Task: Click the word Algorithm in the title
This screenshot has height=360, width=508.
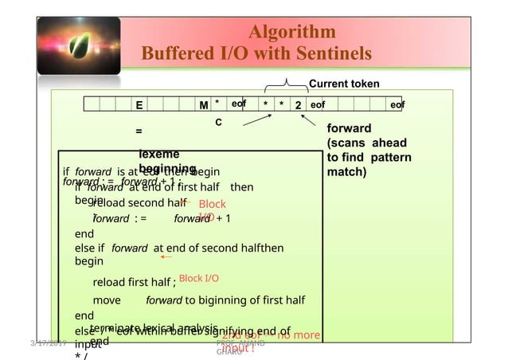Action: tap(292, 33)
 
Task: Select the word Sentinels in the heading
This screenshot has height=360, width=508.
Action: tap(325, 54)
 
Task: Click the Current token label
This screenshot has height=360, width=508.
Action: tap(343, 84)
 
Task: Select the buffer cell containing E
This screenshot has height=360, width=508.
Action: tap(139, 105)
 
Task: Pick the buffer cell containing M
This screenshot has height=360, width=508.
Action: tap(204, 105)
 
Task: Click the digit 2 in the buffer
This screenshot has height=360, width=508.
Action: tap(297, 105)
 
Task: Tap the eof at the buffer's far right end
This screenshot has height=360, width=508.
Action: tap(398, 104)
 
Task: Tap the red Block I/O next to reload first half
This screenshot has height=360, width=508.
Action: tap(199, 278)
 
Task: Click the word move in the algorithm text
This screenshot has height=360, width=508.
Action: tap(107, 300)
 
